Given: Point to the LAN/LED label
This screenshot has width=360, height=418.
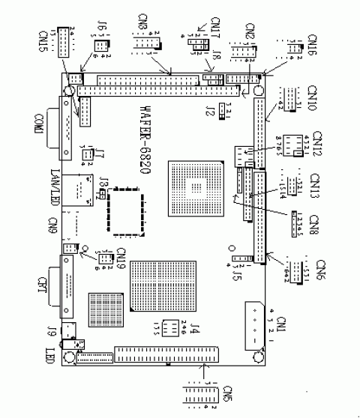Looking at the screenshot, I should coord(52,187).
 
